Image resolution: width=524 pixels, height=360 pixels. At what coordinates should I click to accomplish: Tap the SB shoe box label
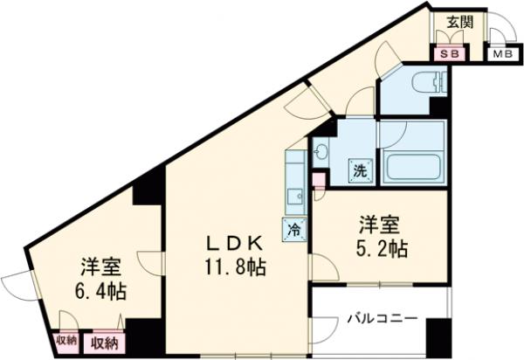[x=452, y=53]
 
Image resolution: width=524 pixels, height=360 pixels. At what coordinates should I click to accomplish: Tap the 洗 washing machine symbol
[x=361, y=171]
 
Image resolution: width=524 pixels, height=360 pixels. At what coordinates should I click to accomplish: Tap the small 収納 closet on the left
[x=65, y=340]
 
